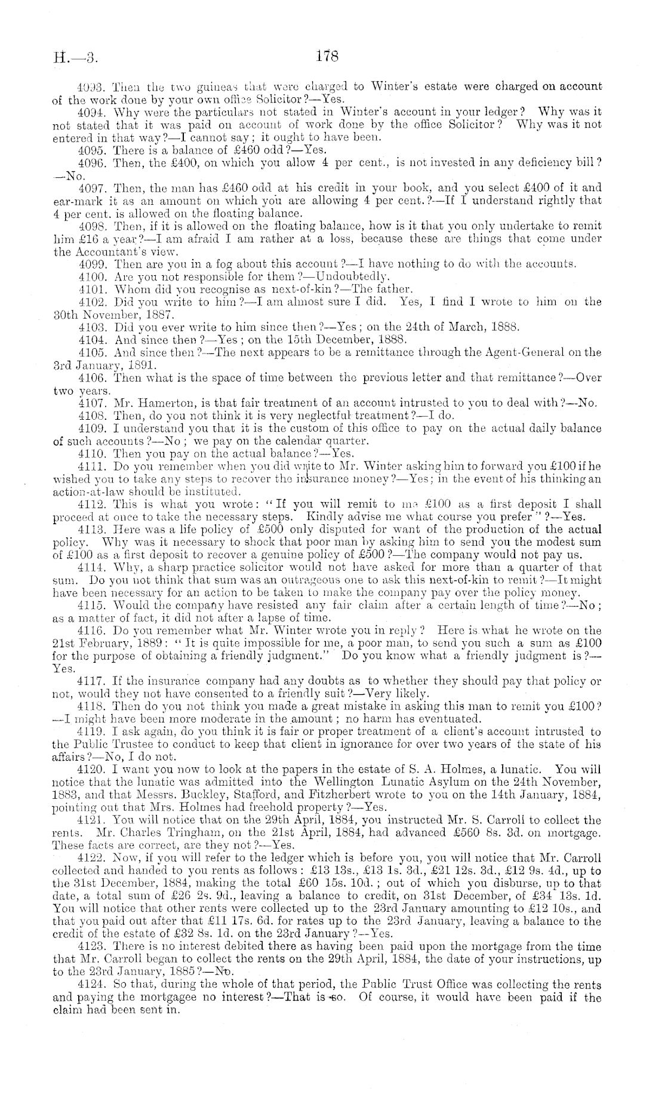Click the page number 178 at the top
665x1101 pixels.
[328, 56]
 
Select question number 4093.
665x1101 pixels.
[91, 86]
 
